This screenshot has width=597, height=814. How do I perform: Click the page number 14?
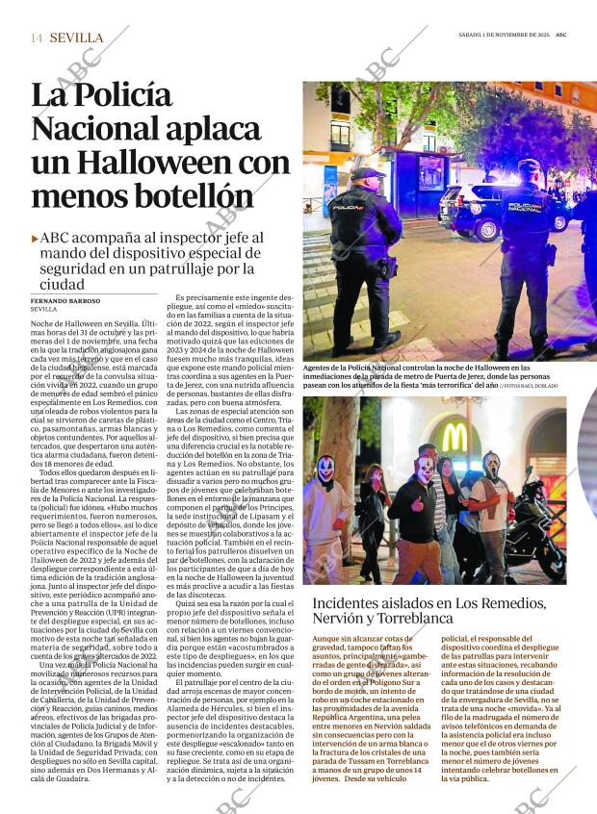pyautogui.click(x=37, y=38)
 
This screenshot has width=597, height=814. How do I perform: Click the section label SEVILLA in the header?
pyautogui.click(x=76, y=38)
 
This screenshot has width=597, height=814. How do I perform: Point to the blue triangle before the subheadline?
pyautogui.click(x=36, y=238)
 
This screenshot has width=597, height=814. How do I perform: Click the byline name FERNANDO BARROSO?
pyautogui.click(x=64, y=301)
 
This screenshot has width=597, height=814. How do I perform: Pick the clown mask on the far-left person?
pyautogui.click(x=325, y=470)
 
